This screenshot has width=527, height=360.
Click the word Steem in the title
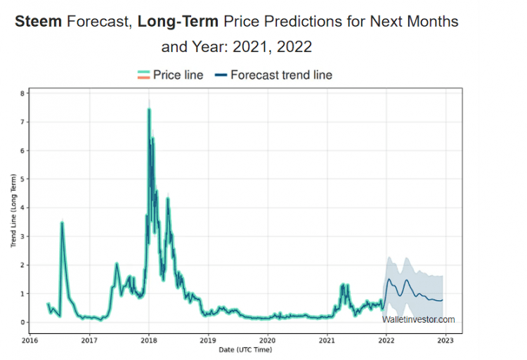(x=38, y=22)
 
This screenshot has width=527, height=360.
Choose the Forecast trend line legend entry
(x=273, y=75)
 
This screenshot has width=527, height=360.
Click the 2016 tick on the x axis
(x=30, y=341)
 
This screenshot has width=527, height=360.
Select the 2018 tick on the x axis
(x=148, y=341)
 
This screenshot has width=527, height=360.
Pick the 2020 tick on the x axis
(x=267, y=341)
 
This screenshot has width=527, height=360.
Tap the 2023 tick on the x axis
(x=445, y=341)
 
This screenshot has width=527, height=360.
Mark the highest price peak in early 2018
(x=149, y=109)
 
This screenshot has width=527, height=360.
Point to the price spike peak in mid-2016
(x=62, y=223)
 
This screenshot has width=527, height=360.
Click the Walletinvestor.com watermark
(x=419, y=320)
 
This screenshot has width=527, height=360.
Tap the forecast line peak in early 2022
(x=389, y=279)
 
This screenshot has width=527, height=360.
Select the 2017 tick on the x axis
(x=89, y=341)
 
